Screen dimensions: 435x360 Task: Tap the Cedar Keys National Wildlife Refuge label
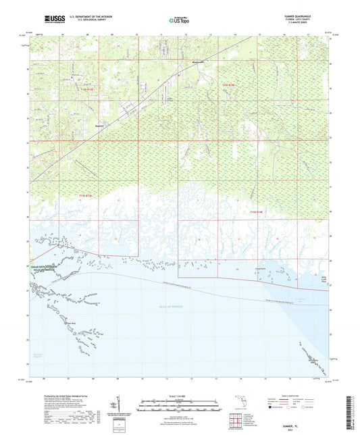39,267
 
